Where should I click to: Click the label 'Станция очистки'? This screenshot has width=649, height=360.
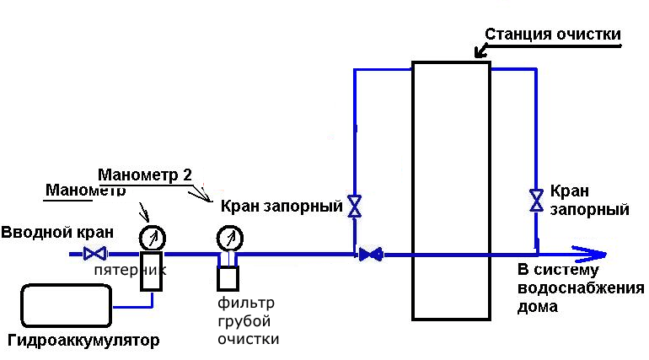click(x=553, y=34)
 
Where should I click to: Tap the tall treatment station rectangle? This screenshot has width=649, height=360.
click(x=451, y=190)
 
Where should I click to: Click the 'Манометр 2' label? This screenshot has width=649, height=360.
click(x=145, y=175)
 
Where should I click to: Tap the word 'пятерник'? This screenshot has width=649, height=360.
click(x=130, y=271)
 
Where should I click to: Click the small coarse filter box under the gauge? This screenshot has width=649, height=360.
click(x=228, y=276)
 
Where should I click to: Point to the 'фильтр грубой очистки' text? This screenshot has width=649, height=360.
click(x=247, y=320)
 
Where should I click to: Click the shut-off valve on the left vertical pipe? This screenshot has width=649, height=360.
click(x=355, y=206)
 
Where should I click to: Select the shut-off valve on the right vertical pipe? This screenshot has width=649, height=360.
click(x=535, y=200)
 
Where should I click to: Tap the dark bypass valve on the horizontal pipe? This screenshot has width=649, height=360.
click(x=369, y=253)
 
